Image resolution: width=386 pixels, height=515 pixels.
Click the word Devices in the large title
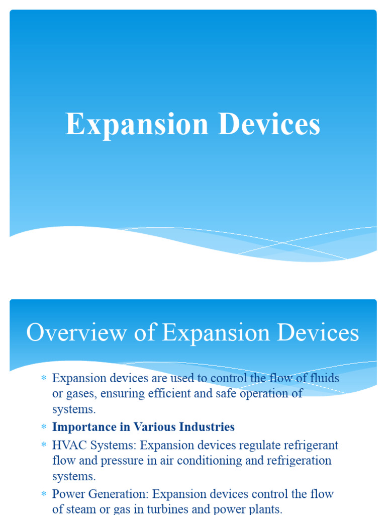[x=269, y=125]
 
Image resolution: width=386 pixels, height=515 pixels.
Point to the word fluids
[x=325, y=378]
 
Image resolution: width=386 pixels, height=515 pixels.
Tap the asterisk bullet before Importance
[x=43, y=427]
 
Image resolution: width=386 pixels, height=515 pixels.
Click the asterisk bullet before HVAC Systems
[x=43, y=446]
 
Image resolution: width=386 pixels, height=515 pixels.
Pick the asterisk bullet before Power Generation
[x=43, y=494]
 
